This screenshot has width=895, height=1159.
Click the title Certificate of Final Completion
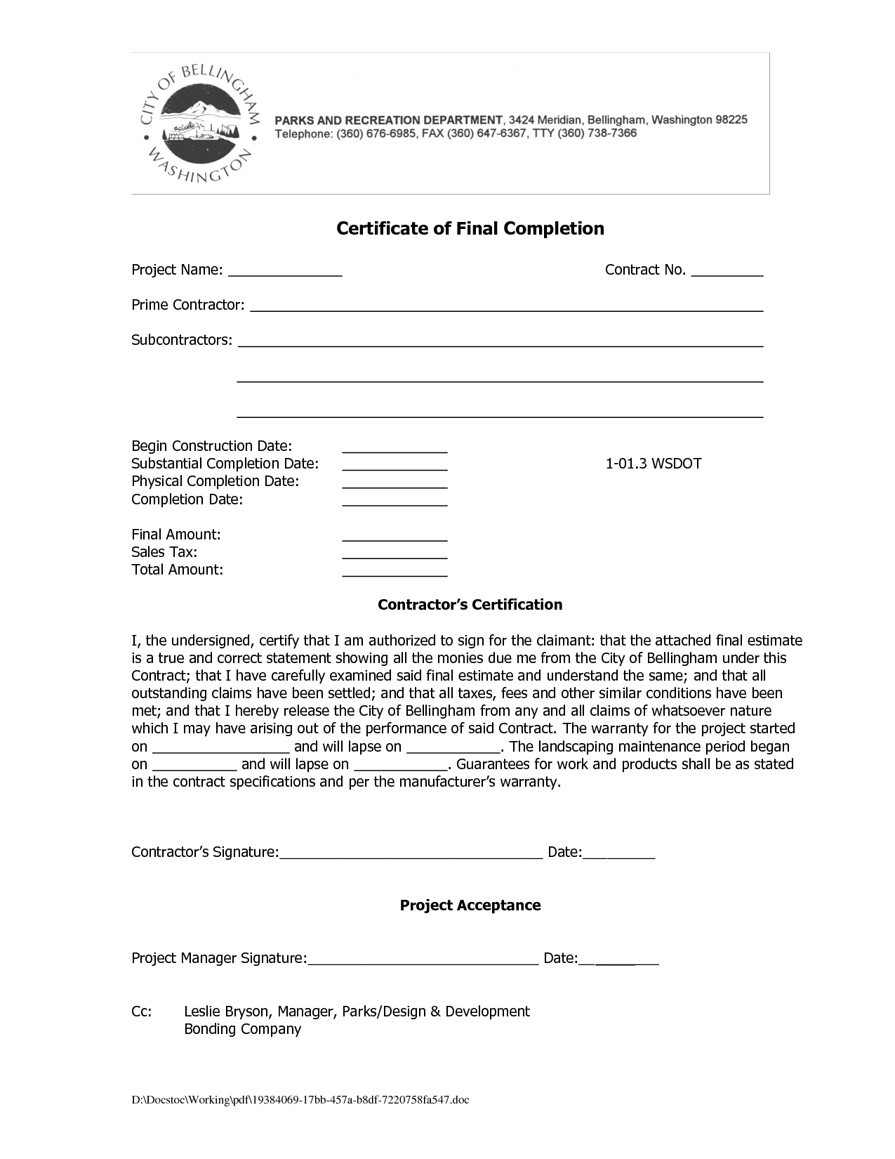pyautogui.click(x=470, y=228)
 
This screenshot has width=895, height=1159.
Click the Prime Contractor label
pyautogui.click(x=188, y=305)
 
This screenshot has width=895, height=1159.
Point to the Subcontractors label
pyautogui.click(x=182, y=340)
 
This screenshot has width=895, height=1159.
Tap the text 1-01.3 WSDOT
pyautogui.click(x=654, y=464)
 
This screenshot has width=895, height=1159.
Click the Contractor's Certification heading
pyautogui.click(x=470, y=605)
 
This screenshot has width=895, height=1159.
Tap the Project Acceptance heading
pyautogui.click(x=470, y=905)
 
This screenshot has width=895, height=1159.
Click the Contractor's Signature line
pyautogui.click(x=411, y=856)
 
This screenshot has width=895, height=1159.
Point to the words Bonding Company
pyautogui.click(x=242, y=1029)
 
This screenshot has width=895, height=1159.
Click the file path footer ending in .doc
pyautogui.click(x=300, y=1100)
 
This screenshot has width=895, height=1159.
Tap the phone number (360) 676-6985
pyautogui.click(x=378, y=133)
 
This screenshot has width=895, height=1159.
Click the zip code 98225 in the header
pyautogui.click(x=731, y=119)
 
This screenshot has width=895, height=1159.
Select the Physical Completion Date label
pyautogui.click(x=215, y=481)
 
